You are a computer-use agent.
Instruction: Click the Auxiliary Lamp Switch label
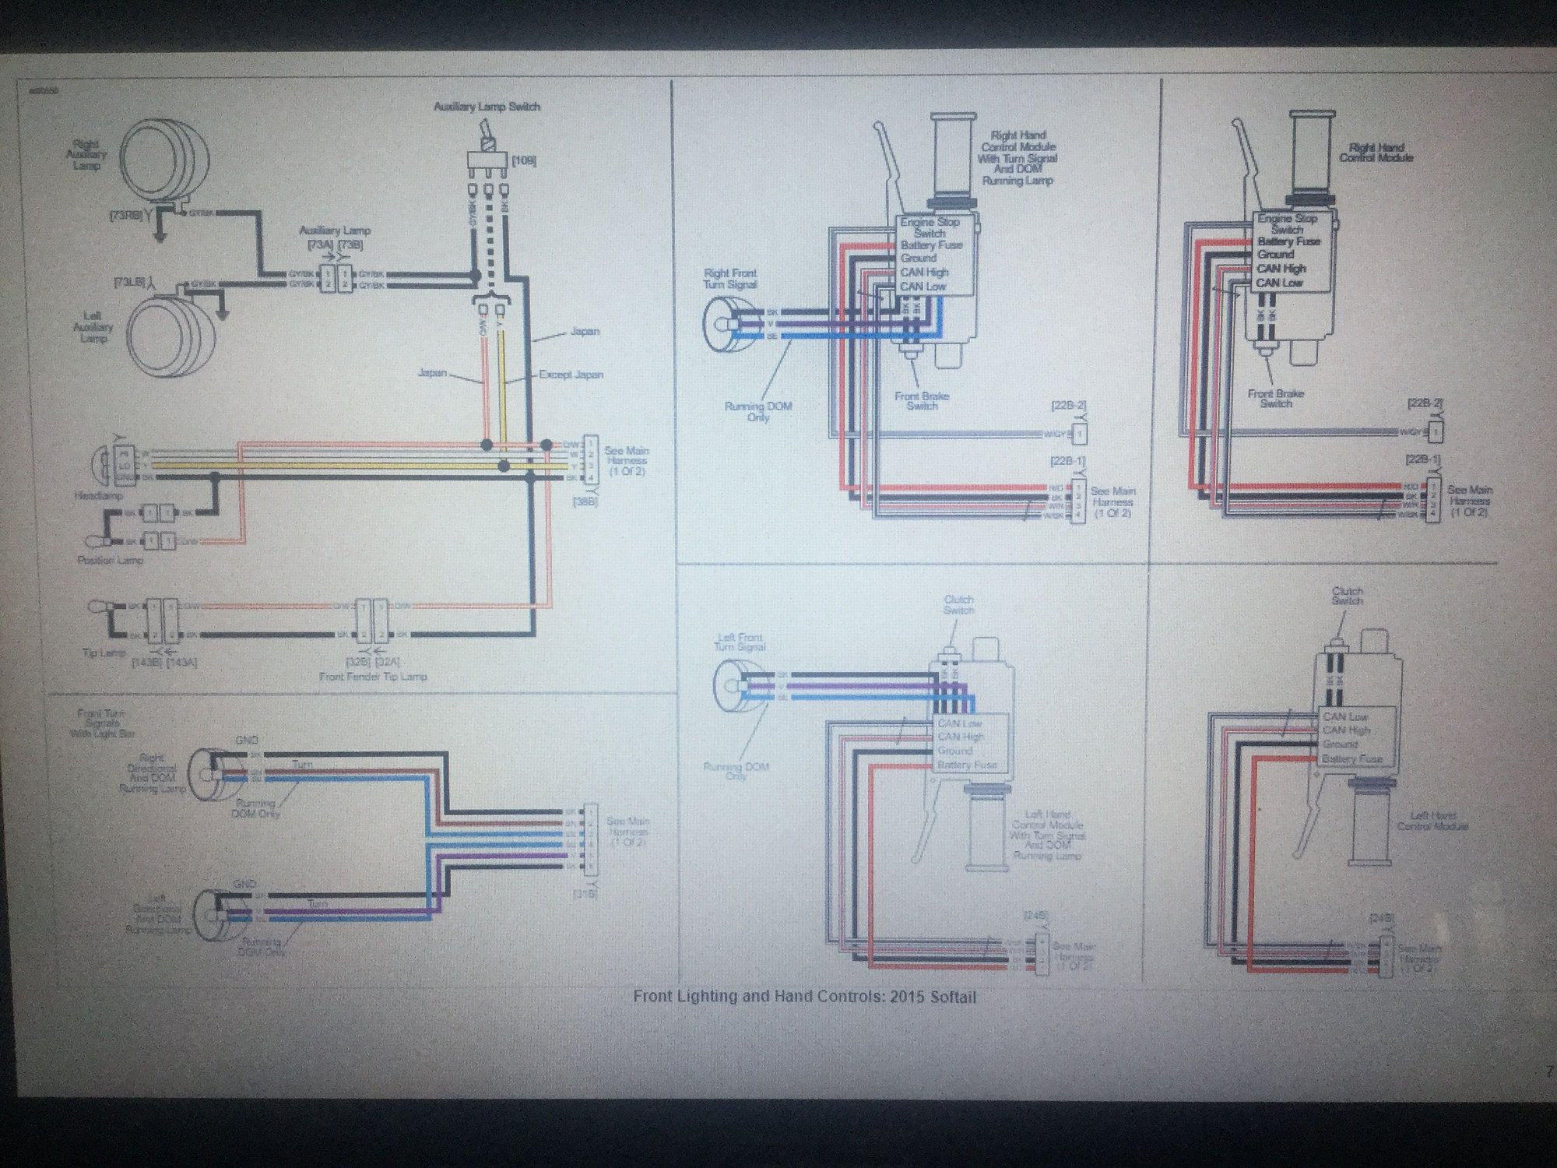(x=487, y=107)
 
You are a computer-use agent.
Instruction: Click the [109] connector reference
(x=523, y=161)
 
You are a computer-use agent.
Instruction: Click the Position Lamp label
(x=110, y=560)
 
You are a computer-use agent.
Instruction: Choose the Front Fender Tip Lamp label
(x=373, y=676)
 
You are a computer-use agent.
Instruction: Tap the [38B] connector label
(x=585, y=502)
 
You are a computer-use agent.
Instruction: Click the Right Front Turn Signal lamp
(x=725, y=322)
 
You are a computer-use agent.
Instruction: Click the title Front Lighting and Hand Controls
(x=804, y=997)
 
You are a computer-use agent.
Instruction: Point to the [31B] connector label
(x=585, y=895)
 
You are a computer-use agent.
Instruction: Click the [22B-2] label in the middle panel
(x=1068, y=406)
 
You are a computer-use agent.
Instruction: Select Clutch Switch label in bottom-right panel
(x=1347, y=596)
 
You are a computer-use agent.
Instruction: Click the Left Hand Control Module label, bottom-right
(x=1432, y=821)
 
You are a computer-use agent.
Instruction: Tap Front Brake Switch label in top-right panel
(x=1275, y=399)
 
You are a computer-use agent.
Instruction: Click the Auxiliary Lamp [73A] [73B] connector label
(x=335, y=237)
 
